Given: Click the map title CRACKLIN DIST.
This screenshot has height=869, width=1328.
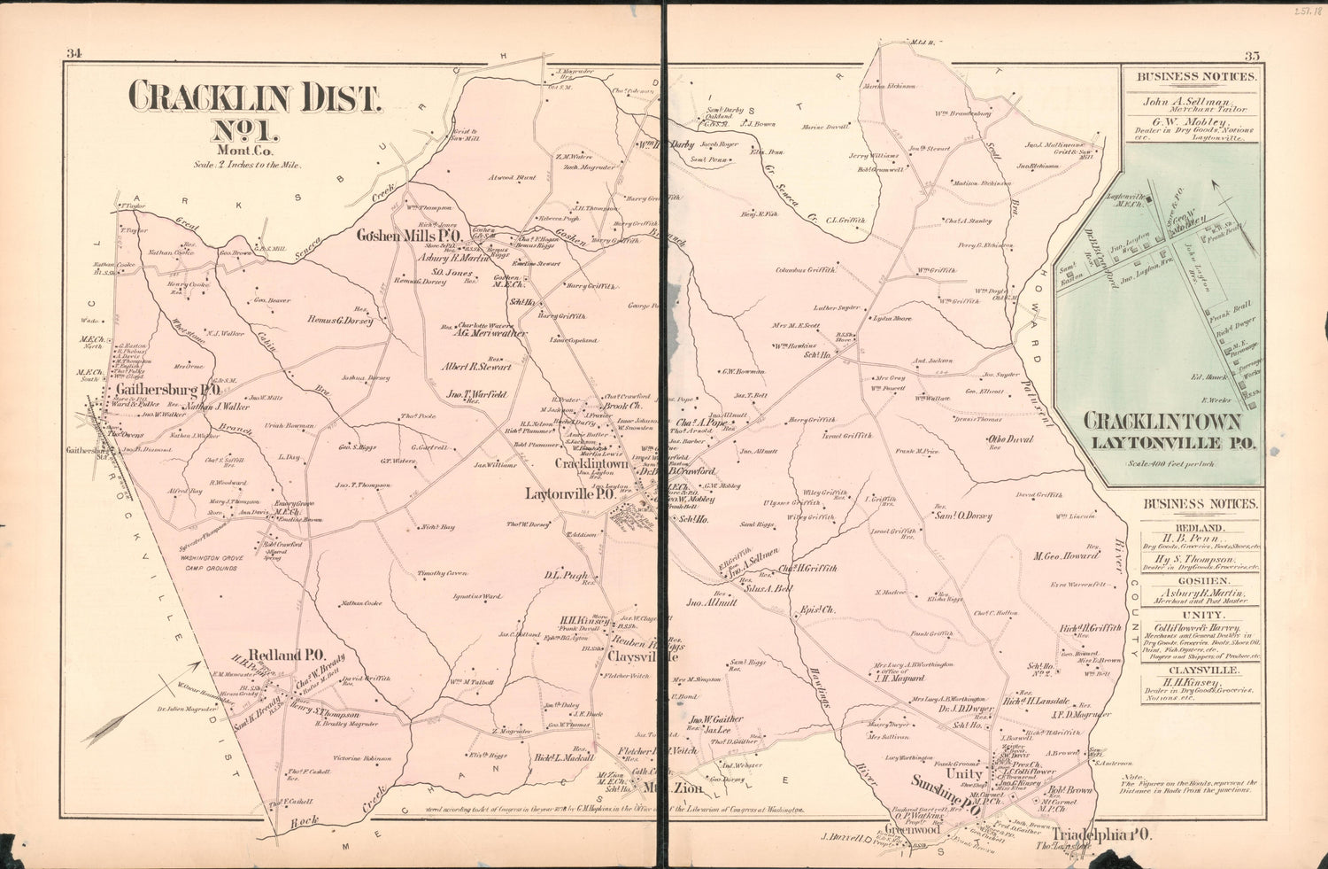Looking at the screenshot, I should tap(256, 97).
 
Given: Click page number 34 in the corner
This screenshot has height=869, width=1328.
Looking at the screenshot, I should tap(73, 55).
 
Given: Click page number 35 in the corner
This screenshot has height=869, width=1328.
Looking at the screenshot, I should tap(1252, 56).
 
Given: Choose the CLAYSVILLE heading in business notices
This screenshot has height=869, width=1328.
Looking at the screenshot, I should tap(1201, 671).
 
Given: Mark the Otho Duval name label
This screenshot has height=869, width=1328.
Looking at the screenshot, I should tap(1009, 438).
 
